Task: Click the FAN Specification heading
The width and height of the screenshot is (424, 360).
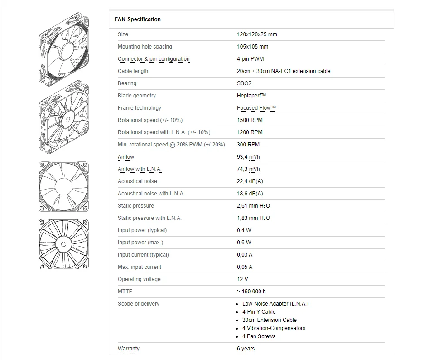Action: pos(138,19)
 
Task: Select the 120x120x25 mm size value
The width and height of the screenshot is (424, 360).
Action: pos(257,34)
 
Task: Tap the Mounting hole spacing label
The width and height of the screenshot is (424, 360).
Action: pos(145,47)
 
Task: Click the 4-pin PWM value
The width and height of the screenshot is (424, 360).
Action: pos(250,59)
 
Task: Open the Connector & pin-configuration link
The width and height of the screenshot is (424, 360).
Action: pos(154,59)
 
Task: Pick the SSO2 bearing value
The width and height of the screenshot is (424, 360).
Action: pos(244,83)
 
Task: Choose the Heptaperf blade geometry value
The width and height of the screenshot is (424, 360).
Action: pos(251,96)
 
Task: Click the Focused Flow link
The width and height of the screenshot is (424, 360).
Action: pos(256,108)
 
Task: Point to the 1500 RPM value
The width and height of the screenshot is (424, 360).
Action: pos(250,120)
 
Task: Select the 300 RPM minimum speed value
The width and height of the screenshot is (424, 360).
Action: pos(248,145)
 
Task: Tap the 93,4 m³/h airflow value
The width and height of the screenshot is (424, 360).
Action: pos(248,157)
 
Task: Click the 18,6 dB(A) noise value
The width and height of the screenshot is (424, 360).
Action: pos(250,194)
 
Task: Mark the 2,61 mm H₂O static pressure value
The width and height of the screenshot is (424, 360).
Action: pos(253,206)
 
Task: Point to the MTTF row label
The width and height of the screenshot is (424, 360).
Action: pos(125,292)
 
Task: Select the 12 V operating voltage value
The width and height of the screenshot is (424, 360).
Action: pos(242,279)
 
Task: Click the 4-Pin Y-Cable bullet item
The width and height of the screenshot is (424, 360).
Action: pos(259,312)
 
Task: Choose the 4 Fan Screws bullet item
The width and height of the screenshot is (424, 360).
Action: pos(259,336)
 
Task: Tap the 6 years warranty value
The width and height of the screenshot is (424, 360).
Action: pos(246,349)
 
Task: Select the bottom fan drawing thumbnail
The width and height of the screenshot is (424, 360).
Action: pos(63,245)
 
